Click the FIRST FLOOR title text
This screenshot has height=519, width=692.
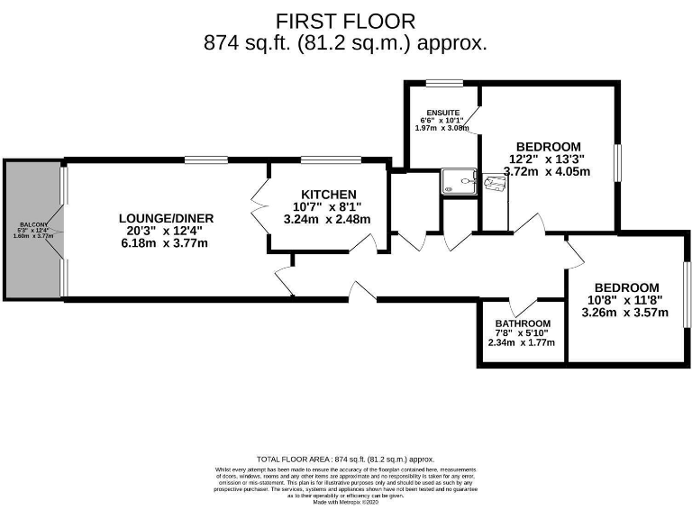pyautogui.click(x=346, y=20)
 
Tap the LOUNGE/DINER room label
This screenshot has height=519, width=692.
pyautogui.click(x=167, y=218)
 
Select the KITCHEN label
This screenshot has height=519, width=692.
pyautogui.click(x=328, y=195)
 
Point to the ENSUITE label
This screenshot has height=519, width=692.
pyautogui.click(x=442, y=113)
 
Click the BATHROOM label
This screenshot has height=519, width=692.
pyautogui.click(x=522, y=323)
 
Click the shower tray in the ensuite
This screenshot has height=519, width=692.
pyautogui.click(x=459, y=183)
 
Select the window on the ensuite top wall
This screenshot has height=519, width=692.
pyautogui.click(x=443, y=85)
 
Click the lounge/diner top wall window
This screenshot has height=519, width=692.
pyautogui.click(x=205, y=161)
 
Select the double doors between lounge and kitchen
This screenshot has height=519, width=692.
pyautogui.click(x=259, y=205)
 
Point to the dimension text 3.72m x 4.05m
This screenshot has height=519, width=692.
pyautogui.click(x=547, y=171)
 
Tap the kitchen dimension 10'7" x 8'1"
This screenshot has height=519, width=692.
pyautogui.click(x=328, y=207)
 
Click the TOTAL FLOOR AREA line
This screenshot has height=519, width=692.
pyautogui.click(x=345, y=459)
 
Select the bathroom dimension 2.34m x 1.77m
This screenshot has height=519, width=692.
pyautogui.click(x=522, y=343)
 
